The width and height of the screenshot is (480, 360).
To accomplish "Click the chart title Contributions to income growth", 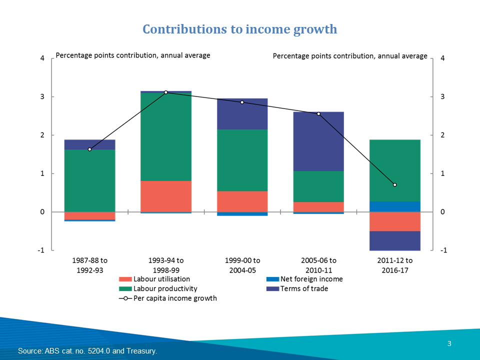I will (x=240, y=29).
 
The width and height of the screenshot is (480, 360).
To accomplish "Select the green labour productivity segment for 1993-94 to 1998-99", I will (x=166, y=136).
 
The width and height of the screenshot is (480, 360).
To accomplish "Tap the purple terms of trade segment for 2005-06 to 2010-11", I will (x=318, y=141).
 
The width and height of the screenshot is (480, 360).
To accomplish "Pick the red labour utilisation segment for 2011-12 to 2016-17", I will (x=394, y=221).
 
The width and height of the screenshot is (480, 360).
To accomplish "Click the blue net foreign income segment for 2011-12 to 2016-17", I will (x=394, y=206).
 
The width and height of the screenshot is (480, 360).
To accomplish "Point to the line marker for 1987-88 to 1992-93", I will (x=89, y=149).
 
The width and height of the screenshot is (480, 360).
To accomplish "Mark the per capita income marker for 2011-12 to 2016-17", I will (x=394, y=185).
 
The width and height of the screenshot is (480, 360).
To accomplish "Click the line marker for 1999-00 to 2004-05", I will (x=242, y=102).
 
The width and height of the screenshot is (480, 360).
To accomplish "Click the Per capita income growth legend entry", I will (x=175, y=298).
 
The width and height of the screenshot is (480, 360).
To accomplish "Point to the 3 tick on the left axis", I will (x=42, y=96).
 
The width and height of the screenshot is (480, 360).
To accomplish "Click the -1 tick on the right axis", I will (x=442, y=250).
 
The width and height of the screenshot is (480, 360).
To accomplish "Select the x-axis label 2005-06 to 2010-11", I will (x=318, y=264).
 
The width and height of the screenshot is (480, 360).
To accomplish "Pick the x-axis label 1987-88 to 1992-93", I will (x=89, y=264).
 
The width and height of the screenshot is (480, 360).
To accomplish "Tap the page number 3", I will (x=449, y=343).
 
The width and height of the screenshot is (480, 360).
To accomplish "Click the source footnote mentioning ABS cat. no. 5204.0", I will (x=87, y=351).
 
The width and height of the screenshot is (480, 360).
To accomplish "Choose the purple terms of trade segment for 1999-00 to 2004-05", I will (x=242, y=113).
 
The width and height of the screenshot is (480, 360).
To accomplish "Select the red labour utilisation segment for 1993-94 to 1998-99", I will (x=166, y=196).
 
